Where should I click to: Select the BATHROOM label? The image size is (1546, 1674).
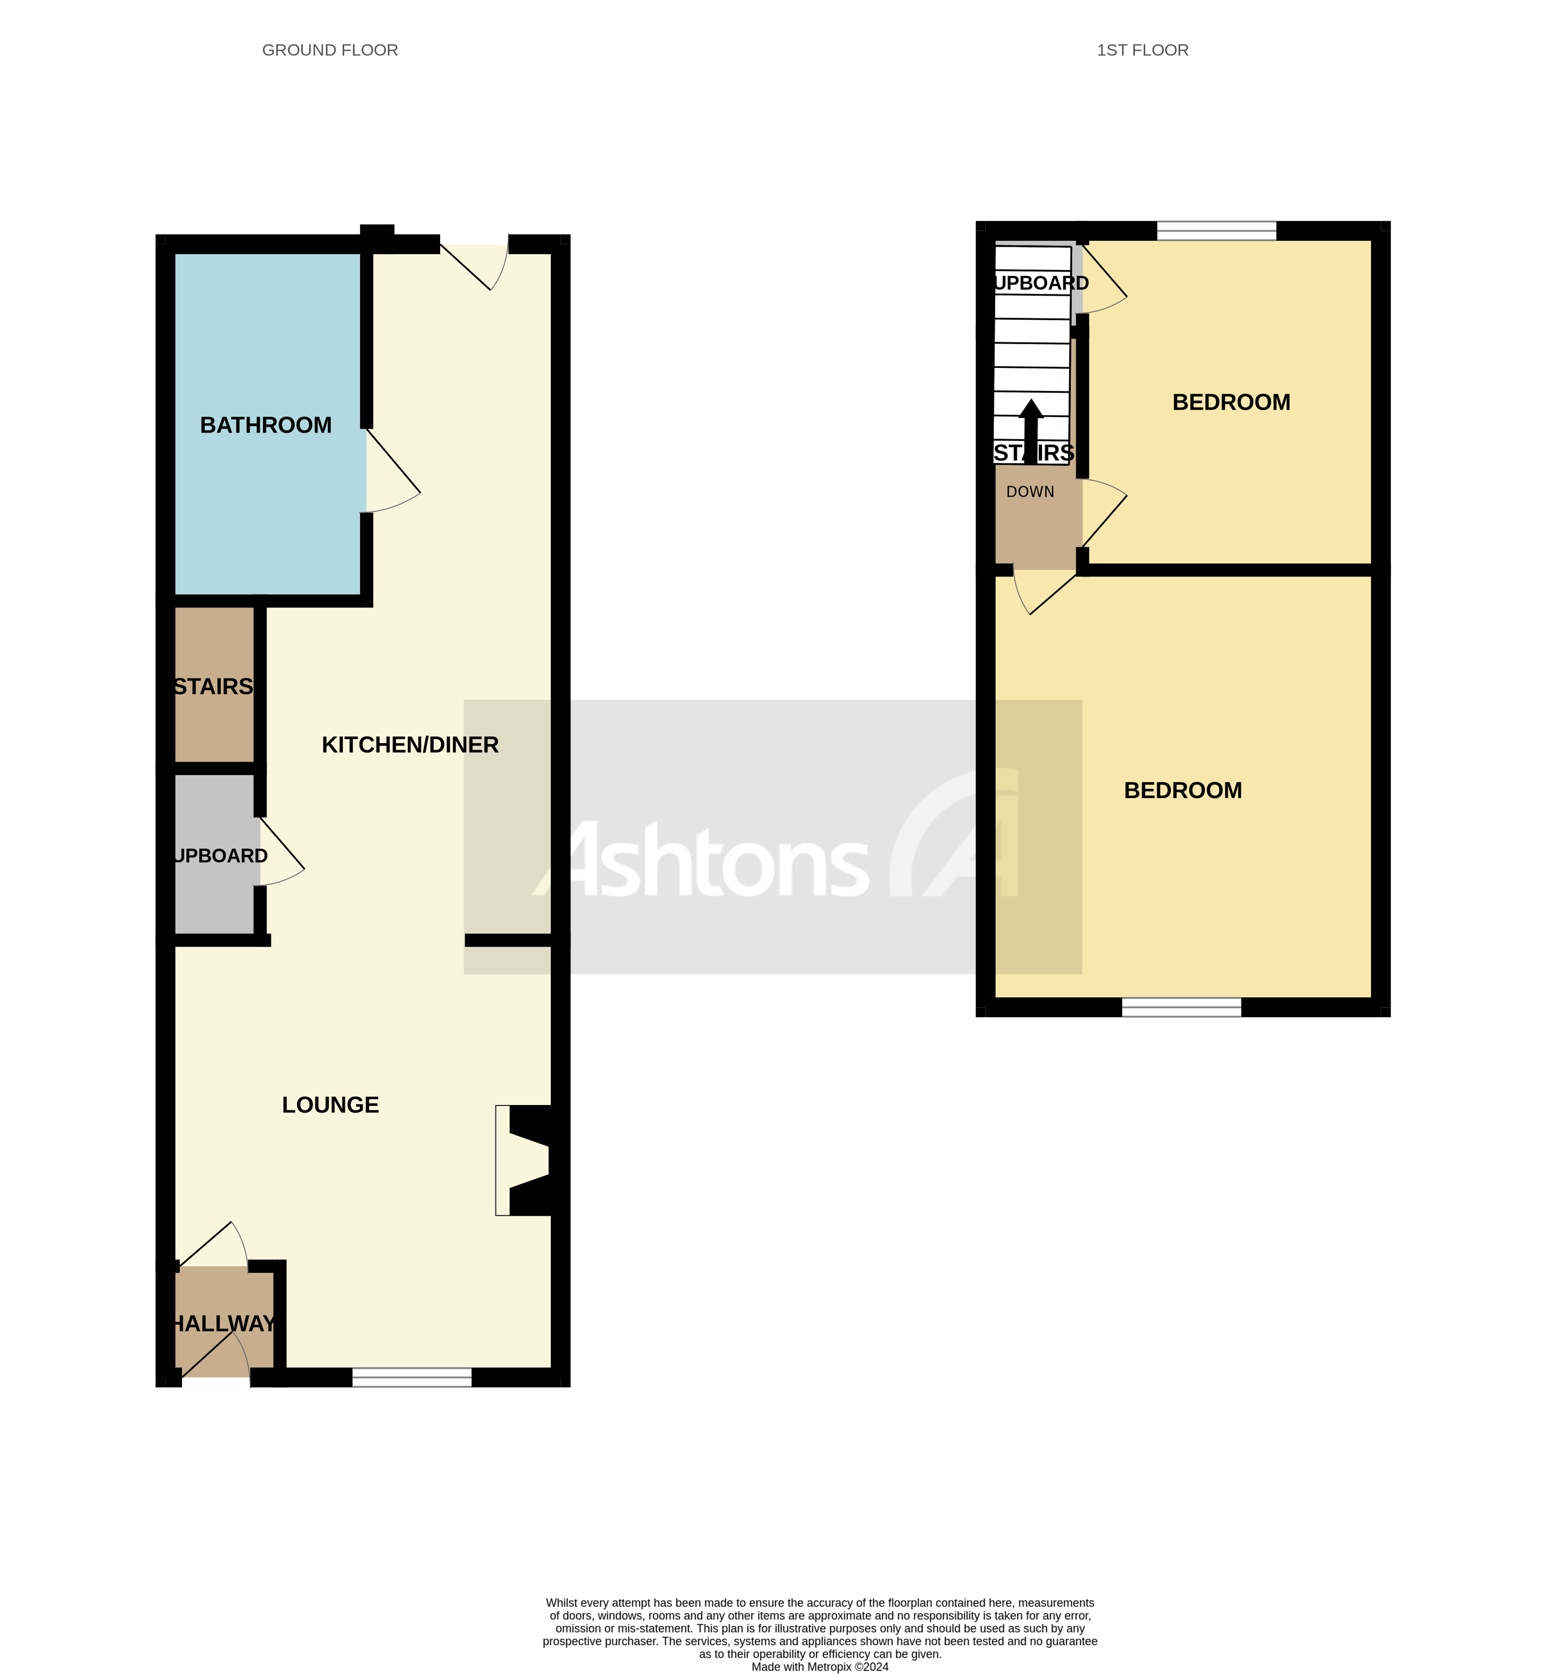[266, 425]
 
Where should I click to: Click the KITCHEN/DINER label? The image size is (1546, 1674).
[410, 745]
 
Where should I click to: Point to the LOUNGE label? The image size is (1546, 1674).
[330, 1105]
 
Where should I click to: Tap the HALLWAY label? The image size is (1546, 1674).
[223, 1323]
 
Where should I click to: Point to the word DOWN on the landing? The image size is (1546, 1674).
[1030, 492]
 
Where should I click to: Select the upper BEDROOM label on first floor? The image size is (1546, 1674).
[1231, 402]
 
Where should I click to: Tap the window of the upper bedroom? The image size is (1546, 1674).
[1217, 231]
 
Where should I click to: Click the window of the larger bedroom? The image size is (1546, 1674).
[1181, 1007]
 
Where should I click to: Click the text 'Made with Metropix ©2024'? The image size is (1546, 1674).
[820, 1667]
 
